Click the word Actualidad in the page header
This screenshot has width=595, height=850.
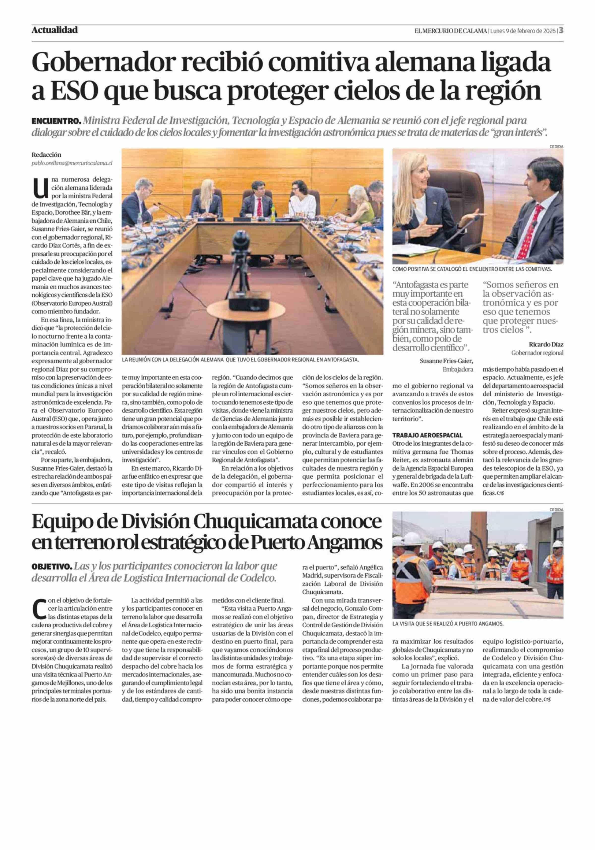55,30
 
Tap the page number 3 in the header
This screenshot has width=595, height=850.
561,30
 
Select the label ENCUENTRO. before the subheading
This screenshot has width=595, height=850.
56,121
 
